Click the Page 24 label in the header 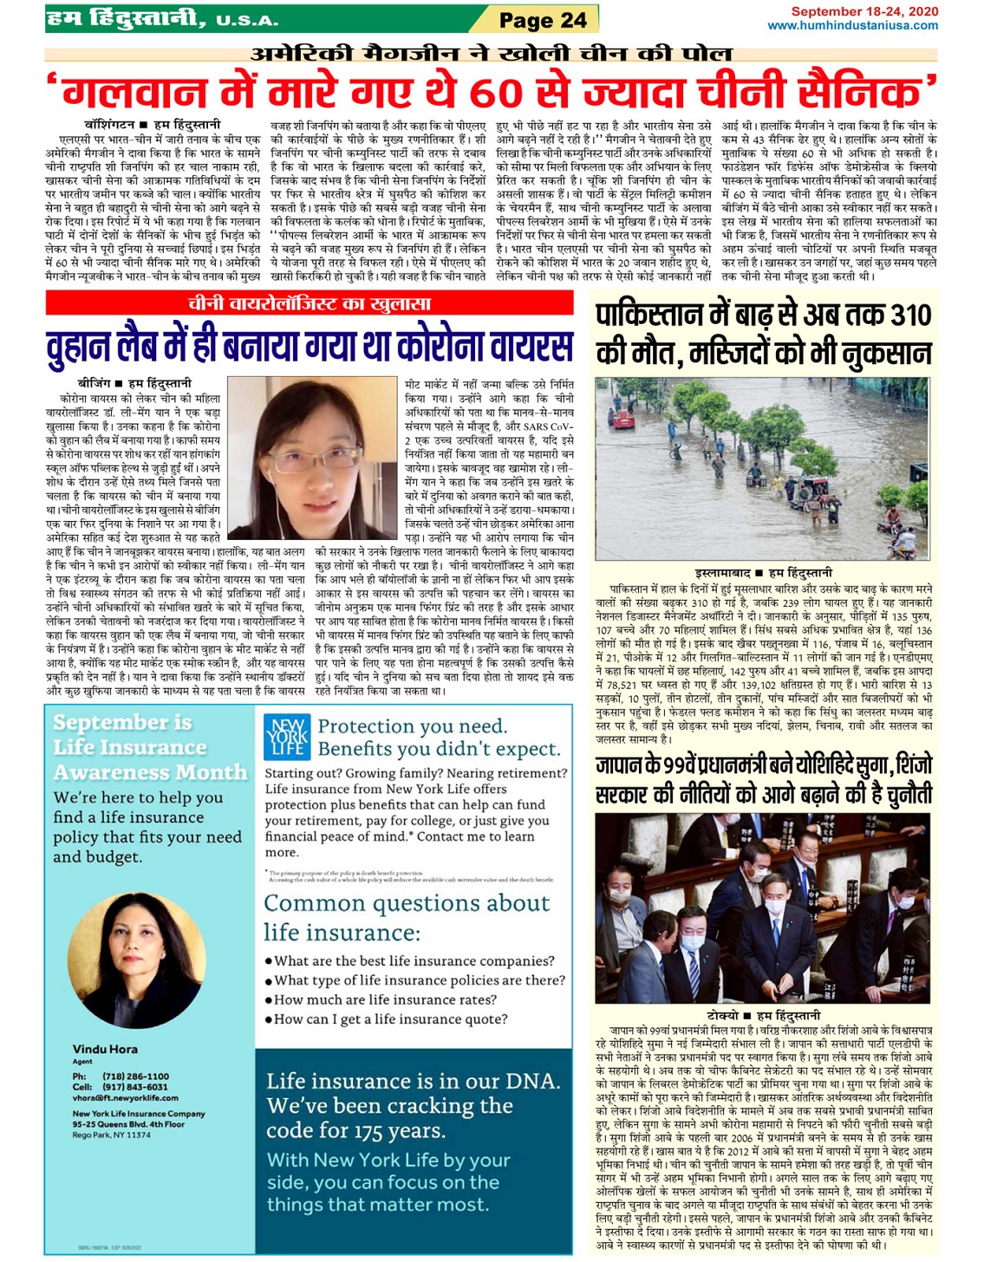[543, 19]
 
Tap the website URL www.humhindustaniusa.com [852, 25]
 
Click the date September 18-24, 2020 [864, 11]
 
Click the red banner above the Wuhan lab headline [309, 302]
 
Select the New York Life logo [287, 737]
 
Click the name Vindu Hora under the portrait [105, 1049]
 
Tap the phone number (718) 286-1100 [135, 1076]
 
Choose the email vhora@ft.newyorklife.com [126, 1097]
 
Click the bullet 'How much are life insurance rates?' [385, 999]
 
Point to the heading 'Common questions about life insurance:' [407, 917]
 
